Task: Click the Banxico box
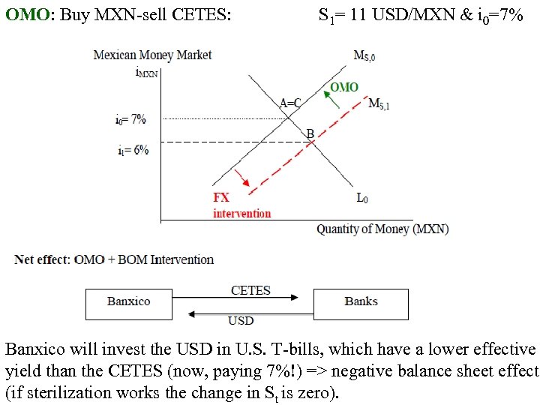[128, 304]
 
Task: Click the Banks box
[361, 304]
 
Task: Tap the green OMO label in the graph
[343, 88]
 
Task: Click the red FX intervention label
[241, 205]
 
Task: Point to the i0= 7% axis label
[130, 119]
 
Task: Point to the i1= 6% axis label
[133, 150]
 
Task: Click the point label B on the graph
[310, 133]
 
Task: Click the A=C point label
[291, 103]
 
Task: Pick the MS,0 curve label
[367, 56]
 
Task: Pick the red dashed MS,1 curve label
[379, 104]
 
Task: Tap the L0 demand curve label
[362, 199]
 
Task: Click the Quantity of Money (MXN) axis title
[382, 229]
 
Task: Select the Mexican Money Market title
[152, 55]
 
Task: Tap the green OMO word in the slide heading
[21, 14]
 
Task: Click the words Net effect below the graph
[41, 259]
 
